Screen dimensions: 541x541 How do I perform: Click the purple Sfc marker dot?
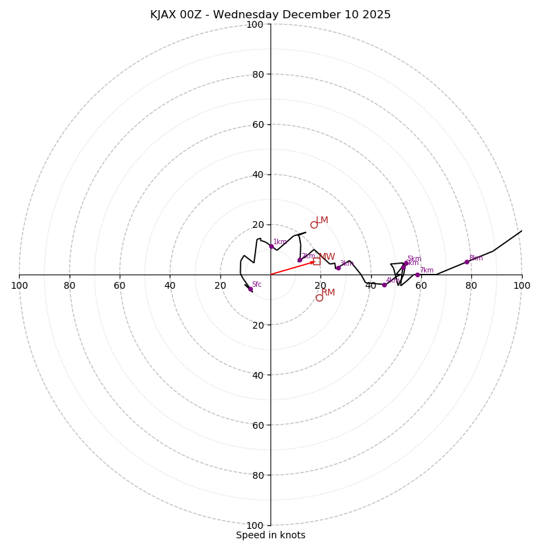tap(250, 289)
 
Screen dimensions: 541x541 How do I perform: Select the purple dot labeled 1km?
tap(271, 246)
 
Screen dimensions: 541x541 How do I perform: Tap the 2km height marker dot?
tap(300, 260)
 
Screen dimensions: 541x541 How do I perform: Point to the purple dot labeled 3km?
tap(339, 268)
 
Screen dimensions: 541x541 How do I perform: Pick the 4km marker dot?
tap(384, 285)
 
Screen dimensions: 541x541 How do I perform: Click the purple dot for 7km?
tap(417, 275)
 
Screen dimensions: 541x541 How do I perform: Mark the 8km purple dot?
tap(467, 262)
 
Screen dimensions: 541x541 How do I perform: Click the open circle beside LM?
tap(314, 225)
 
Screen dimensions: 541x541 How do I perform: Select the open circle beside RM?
tap(319, 298)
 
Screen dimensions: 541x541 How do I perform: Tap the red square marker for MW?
tap(316, 261)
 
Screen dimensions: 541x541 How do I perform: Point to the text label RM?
tap(329, 293)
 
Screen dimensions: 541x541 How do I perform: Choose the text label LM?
tap(323, 220)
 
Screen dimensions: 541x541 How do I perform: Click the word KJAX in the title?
tap(164, 15)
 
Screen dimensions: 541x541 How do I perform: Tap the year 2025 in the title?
tap(376, 15)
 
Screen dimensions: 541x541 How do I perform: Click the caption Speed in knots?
tap(270, 536)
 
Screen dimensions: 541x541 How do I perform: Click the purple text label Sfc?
tap(257, 285)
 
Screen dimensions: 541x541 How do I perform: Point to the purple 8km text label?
tap(476, 258)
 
